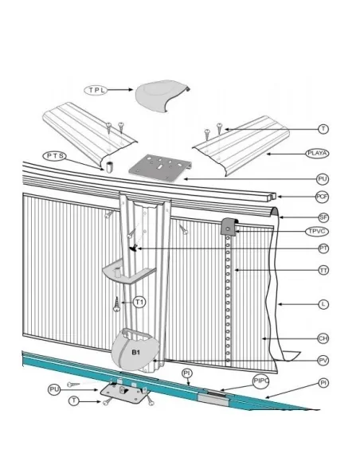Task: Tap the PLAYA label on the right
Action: pyautogui.click(x=318, y=153)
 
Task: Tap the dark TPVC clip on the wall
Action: pyautogui.click(x=229, y=225)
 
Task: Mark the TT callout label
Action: pyautogui.click(x=323, y=272)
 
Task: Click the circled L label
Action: pyautogui.click(x=323, y=303)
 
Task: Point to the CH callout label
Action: pyautogui.click(x=323, y=339)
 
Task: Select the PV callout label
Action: pyautogui.click(x=323, y=360)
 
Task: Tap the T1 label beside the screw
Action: pyautogui.click(x=140, y=302)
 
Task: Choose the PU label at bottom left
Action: pyautogui.click(x=54, y=389)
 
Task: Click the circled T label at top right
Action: pyautogui.click(x=323, y=129)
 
